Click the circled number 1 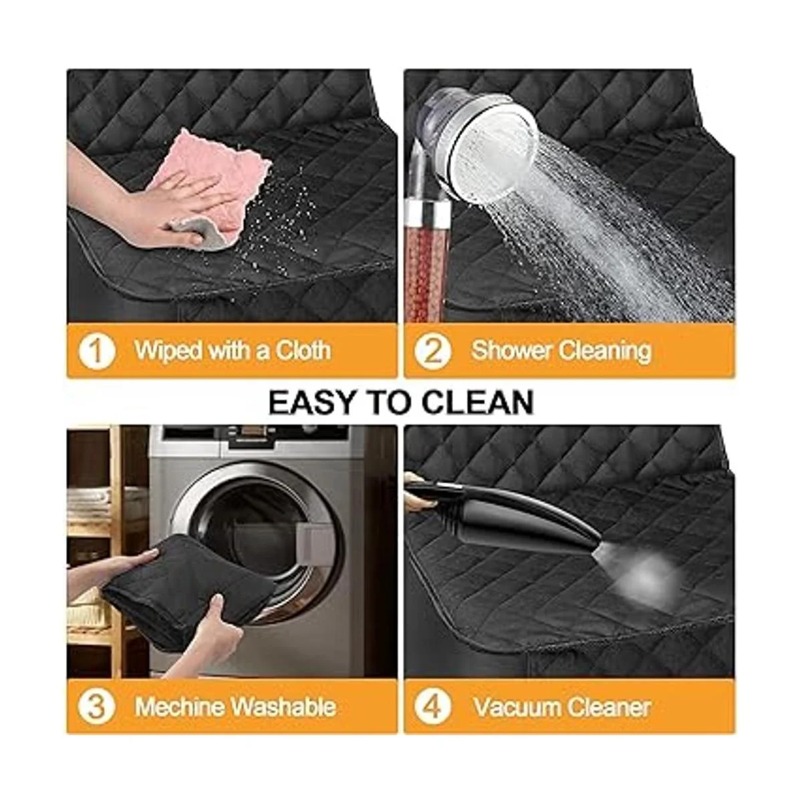coord(96,351)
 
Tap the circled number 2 coord(432,351)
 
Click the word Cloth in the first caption coord(303,350)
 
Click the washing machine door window coord(258,537)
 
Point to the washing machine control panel coord(254,440)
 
